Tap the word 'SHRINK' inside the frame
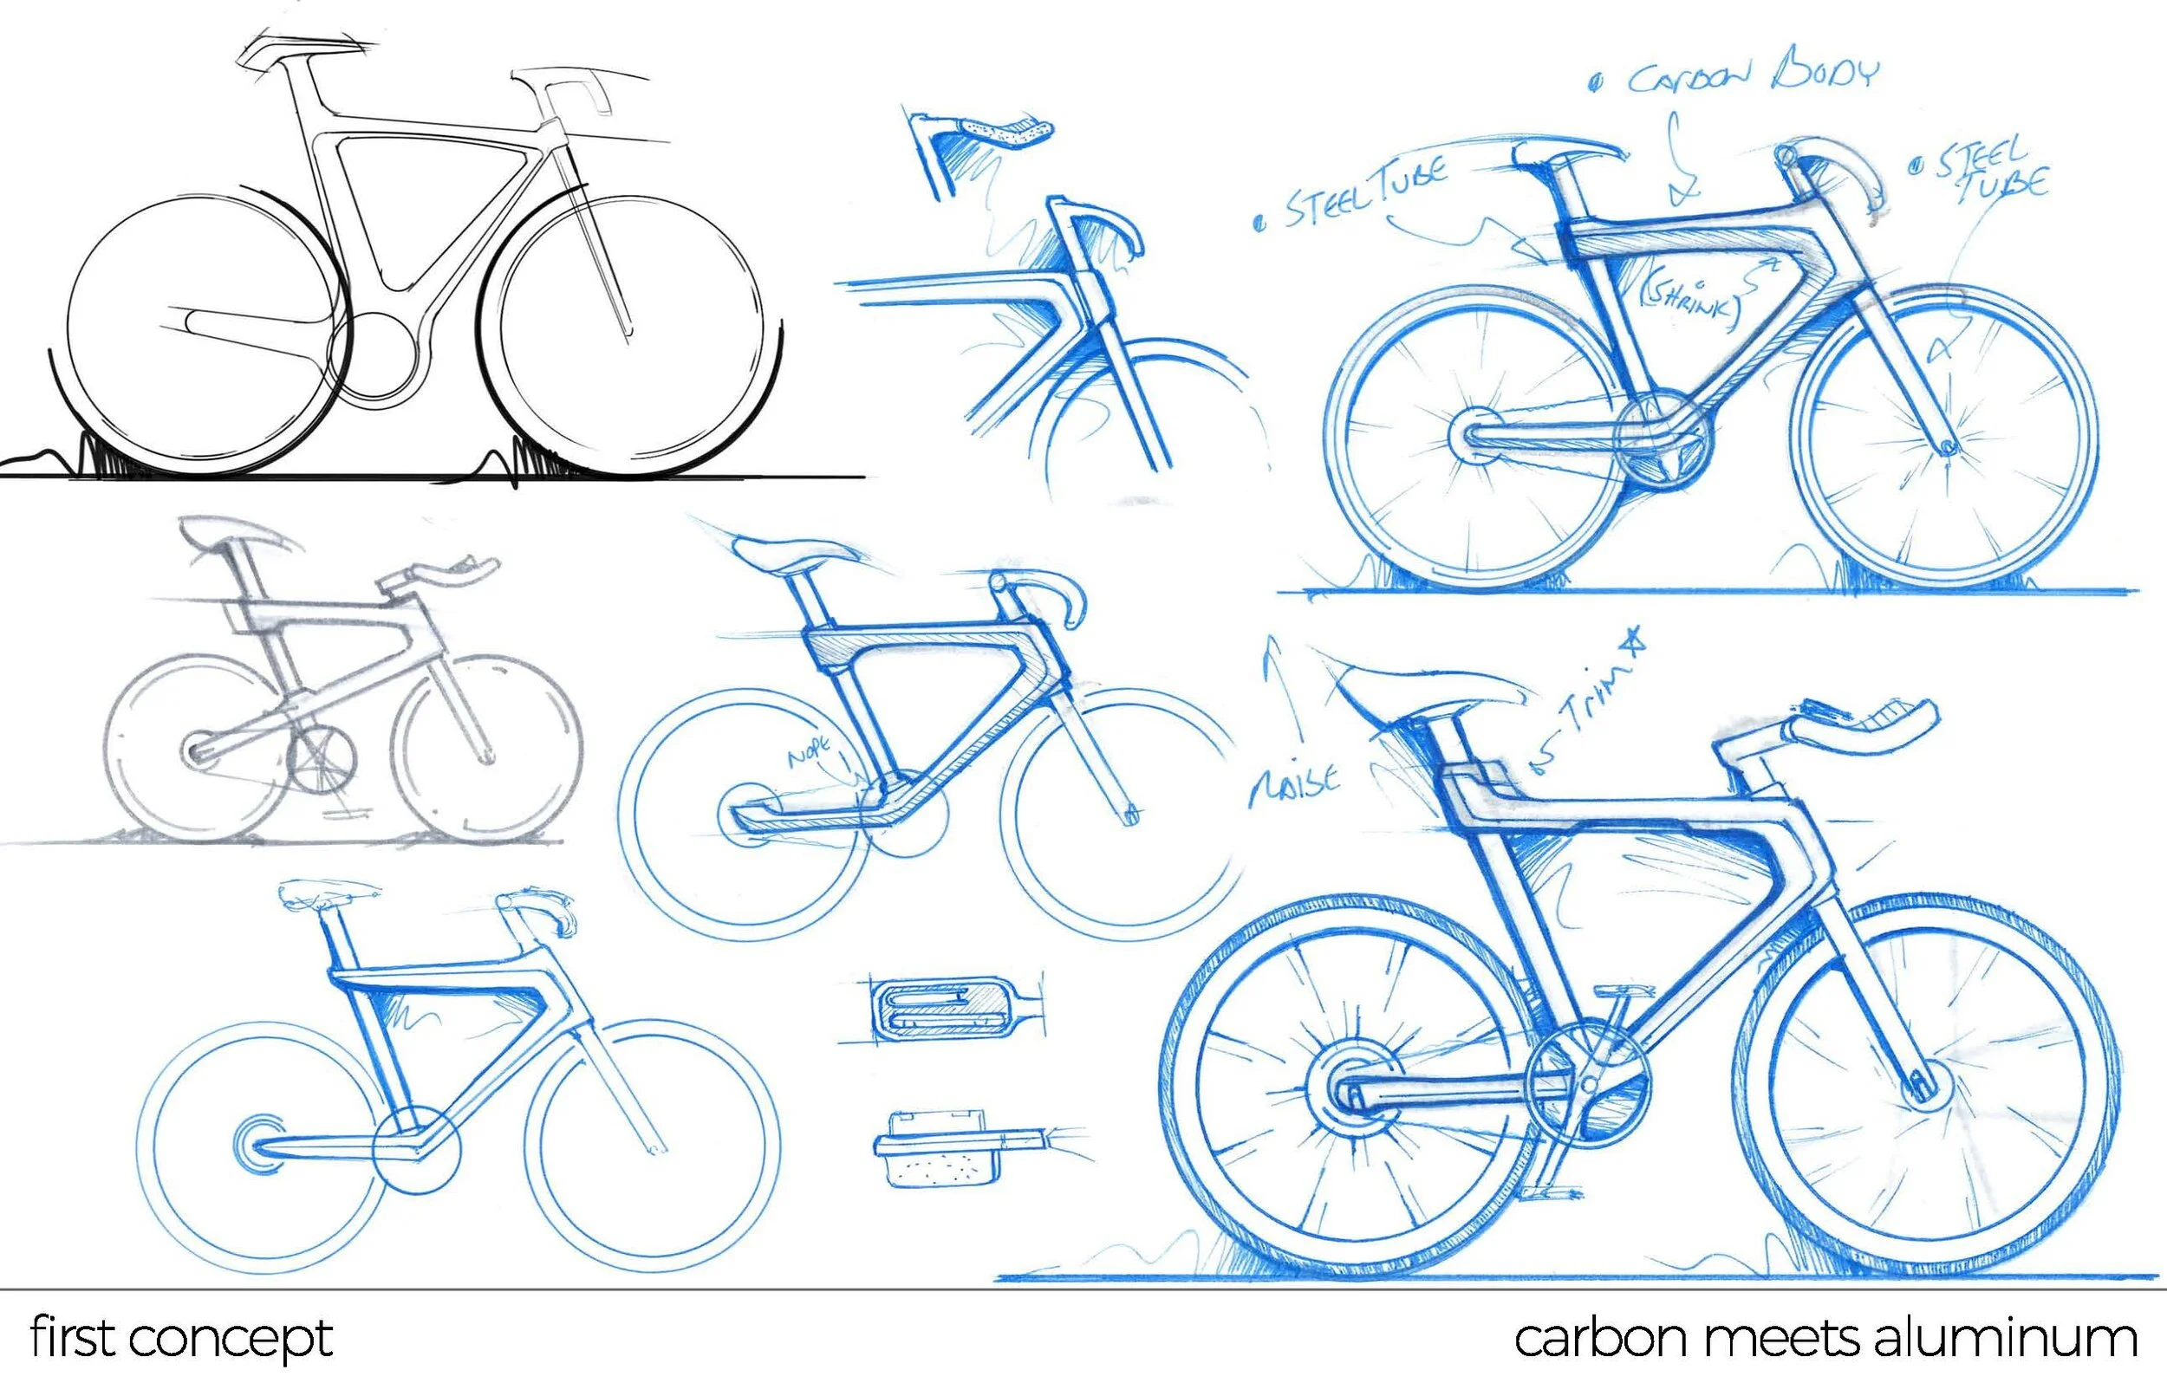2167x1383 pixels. pyautogui.click(x=1692, y=302)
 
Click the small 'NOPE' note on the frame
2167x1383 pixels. pyautogui.click(x=816, y=752)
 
